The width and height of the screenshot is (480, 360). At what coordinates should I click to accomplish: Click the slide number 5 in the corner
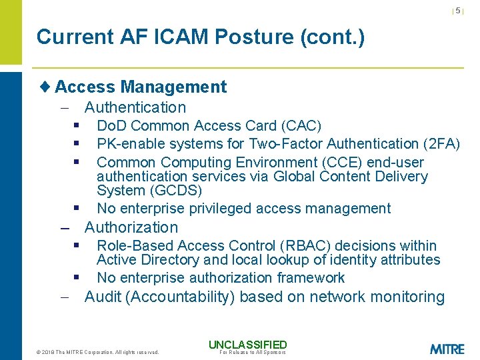pyautogui.click(x=458, y=11)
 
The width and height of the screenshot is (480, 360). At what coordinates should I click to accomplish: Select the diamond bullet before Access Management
pyautogui.click(x=45, y=87)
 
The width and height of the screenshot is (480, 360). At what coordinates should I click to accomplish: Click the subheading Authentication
pyautogui.click(x=135, y=107)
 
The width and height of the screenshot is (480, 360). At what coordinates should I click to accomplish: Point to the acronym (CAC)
pyautogui.click(x=301, y=126)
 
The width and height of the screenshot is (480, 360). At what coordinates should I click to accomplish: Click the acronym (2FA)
pyautogui.click(x=441, y=144)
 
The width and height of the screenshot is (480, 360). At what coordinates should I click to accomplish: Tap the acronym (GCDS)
pyautogui.click(x=175, y=191)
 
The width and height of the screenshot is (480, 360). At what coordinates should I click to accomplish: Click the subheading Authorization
pyautogui.click(x=131, y=227)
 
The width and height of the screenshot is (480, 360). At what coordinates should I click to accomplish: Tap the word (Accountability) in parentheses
pyautogui.click(x=179, y=297)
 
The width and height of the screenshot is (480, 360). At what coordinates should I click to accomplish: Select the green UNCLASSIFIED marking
pyautogui.click(x=247, y=345)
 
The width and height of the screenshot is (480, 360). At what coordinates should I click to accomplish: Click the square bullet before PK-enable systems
pyautogui.click(x=77, y=143)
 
